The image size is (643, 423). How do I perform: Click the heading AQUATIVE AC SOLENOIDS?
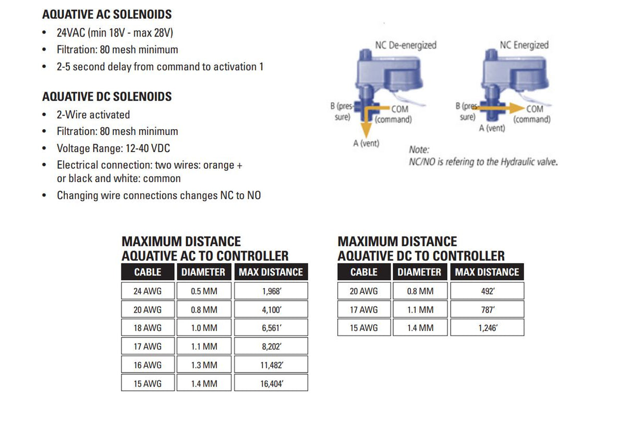point(107,15)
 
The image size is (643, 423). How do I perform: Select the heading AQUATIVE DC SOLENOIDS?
point(107,96)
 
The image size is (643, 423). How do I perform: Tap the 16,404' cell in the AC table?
point(271,383)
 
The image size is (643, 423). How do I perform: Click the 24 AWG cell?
point(148,291)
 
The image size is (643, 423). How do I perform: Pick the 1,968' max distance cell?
point(271,291)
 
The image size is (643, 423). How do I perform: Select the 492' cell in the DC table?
point(487,291)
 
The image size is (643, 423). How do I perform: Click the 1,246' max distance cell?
point(487,328)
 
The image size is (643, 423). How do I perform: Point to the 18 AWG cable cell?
point(148,328)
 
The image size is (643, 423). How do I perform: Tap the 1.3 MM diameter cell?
point(203,365)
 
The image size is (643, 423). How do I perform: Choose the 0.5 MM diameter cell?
point(203,291)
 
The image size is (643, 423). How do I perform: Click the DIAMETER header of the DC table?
point(419,272)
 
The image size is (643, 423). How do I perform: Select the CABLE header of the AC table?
point(148,272)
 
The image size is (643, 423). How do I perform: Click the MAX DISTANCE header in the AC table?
point(271,272)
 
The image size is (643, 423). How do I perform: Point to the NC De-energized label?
point(406,45)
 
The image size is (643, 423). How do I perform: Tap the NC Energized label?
point(524,45)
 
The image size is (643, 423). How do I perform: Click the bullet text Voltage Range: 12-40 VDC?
point(113,148)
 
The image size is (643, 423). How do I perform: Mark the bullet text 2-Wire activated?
point(93,115)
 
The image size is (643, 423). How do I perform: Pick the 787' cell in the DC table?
point(487,310)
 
